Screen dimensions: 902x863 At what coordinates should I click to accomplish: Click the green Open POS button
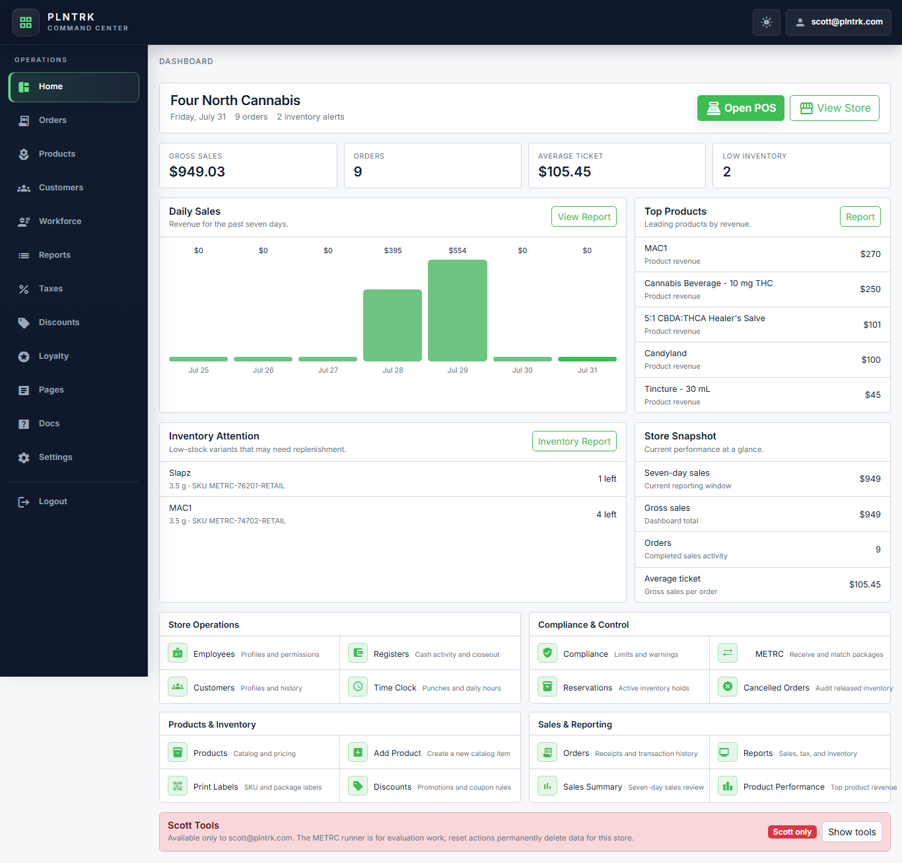(x=740, y=108)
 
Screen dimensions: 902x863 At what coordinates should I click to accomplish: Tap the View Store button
(x=835, y=108)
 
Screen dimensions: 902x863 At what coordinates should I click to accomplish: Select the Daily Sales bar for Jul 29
(x=457, y=310)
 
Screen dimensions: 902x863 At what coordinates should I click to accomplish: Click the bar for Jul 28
(x=393, y=325)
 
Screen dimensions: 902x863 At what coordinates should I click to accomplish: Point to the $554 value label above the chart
(x=458, y=250)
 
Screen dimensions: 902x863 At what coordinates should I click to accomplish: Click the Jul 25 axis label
(x=198, y=370)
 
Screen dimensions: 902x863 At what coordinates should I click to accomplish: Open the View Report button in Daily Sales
(x=584, y=217)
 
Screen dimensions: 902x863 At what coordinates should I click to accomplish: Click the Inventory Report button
(x=574, y=441)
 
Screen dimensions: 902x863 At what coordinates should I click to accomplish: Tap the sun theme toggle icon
(x=766, y=22)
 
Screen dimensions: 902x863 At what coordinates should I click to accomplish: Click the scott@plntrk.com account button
(x=838, y=22)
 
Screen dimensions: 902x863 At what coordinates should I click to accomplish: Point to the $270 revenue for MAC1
(x=870, y=254)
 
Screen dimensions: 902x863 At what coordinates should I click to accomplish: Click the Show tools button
(x=851, y=832)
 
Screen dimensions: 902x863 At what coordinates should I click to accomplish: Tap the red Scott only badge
(x=792, y=832)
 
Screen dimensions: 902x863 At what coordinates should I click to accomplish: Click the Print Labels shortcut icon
(x=178, y=786)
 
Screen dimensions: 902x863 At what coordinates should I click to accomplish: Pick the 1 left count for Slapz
(x=607, y=479)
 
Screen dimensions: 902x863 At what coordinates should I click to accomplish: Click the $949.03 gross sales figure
(x=197, y=172)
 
